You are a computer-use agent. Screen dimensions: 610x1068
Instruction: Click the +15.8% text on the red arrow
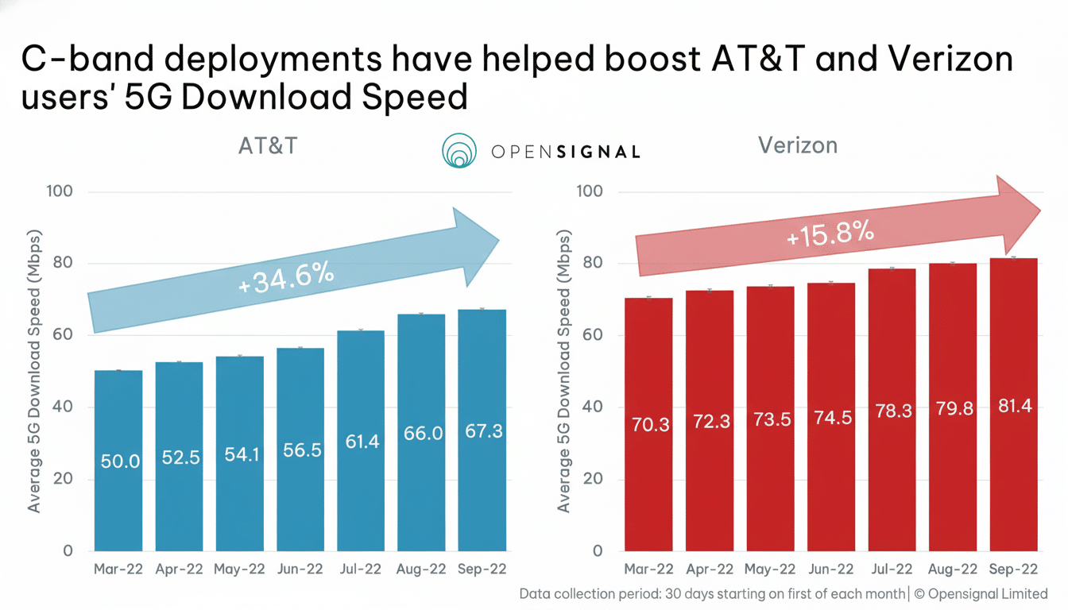point(830,234)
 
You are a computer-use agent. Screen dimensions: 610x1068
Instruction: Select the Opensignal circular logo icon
point(459,151)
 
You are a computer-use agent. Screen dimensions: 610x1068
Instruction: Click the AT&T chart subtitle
point(267,147)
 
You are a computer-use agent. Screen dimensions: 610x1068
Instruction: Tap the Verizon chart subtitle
point(797,145)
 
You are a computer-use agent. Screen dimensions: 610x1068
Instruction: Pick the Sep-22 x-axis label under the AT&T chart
point(482,569)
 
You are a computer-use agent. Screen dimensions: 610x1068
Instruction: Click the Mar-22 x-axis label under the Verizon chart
point(648,569)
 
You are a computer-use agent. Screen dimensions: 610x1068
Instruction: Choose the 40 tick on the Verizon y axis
point(592,407)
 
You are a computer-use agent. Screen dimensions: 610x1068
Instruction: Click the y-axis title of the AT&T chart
point(34,370)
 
